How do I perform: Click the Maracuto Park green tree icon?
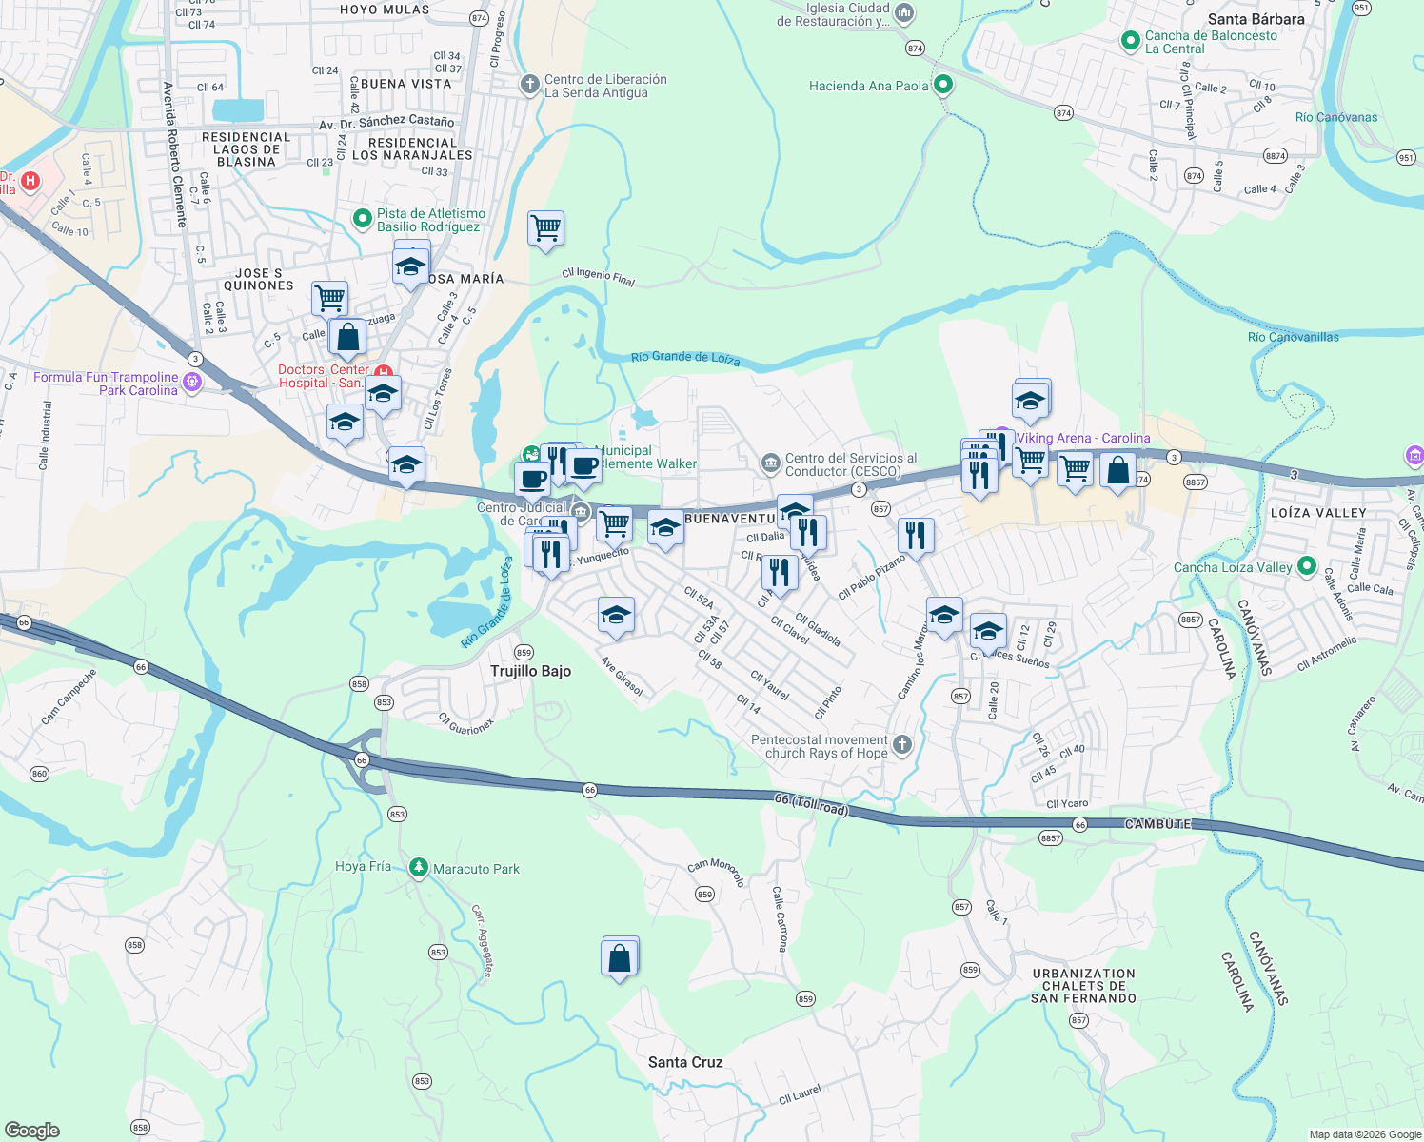click(x=418, y=868)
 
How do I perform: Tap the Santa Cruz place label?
click(x=685, y=1062)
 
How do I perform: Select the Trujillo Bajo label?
click(x=530, y=671)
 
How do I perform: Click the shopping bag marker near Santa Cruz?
click(x=620, y=957)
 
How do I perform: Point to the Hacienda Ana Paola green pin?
click(x=943, y=85)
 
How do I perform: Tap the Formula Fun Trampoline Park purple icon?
click(x=192, y=383)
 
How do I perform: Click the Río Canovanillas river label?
click(x=1293, y=337)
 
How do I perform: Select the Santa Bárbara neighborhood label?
click(x=1256, y=19)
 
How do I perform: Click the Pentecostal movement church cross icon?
click(x=902, y=744)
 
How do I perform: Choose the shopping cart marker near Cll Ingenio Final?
click(x=546, y=228)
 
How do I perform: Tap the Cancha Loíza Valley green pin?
click(x=1307, y=566)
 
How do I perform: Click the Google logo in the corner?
click(x=32, y=1130)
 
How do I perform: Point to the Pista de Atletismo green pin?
click(x=362, y=219)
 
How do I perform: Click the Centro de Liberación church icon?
click(x=530, y=85)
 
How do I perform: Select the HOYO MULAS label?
click(x=385, y=10)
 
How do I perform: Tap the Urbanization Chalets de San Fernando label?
click(x=1083, y=986)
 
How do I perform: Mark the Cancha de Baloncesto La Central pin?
click(x=1130, y=41)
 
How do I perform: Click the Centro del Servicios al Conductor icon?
click(x=770, y=463)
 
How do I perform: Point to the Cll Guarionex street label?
click(x=466, y=723)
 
